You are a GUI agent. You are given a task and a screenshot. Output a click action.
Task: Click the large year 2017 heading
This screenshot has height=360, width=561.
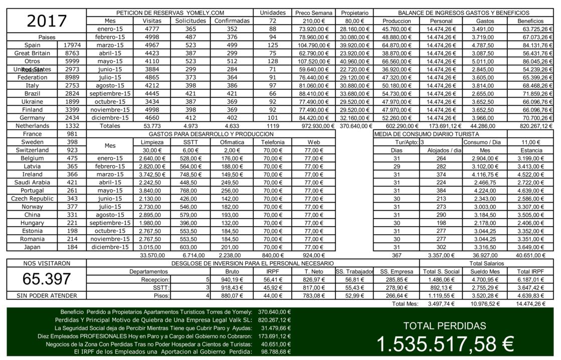[x=47, y=21]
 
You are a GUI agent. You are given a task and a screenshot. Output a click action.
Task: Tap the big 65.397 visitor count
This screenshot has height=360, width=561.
[x=47, y=279]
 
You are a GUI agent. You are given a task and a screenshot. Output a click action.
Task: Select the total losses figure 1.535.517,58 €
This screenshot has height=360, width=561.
[x=445, y=344]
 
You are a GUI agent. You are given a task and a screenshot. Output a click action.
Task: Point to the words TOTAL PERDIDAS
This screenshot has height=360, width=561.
[x=445, y=326]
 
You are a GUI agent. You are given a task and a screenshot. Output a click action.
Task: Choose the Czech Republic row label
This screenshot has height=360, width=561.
[x=33, y=199]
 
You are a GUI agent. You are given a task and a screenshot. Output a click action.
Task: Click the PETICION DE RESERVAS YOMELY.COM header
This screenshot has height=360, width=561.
[x=170, y=13]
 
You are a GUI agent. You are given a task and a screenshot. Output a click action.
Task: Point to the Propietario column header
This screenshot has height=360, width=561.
[x=354, y=13]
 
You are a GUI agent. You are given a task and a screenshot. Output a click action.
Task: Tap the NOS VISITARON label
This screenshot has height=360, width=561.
[x=47, y=263]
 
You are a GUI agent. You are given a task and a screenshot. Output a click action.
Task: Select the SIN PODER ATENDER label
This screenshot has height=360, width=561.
[x=47, y=296]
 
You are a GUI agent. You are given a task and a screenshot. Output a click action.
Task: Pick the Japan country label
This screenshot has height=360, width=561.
[x=33, y=247]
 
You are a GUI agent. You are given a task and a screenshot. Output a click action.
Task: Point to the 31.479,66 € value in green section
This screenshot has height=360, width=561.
[x=275, y=328]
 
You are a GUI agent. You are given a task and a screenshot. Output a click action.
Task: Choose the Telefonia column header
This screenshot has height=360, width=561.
[x=273, y=142]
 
